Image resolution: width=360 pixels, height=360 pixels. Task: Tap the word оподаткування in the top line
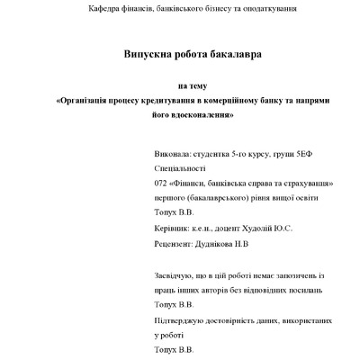click(x=269, y=9)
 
